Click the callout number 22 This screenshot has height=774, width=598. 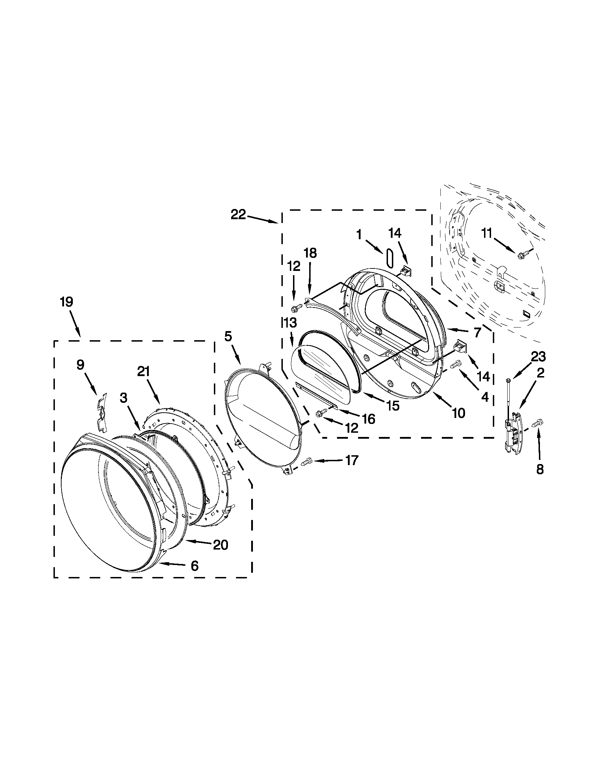[238, 215]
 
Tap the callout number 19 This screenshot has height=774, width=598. [66, 302]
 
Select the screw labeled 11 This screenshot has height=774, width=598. [522, 254]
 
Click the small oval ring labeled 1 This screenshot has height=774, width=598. [390, 257]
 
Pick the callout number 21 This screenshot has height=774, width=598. [144, 372]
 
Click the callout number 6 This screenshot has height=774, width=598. [194, 566]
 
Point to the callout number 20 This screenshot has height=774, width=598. [220, 545]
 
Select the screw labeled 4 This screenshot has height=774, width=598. [456, 364]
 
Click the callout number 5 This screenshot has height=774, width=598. [228, 336]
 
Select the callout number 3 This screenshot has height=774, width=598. [123, 398]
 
